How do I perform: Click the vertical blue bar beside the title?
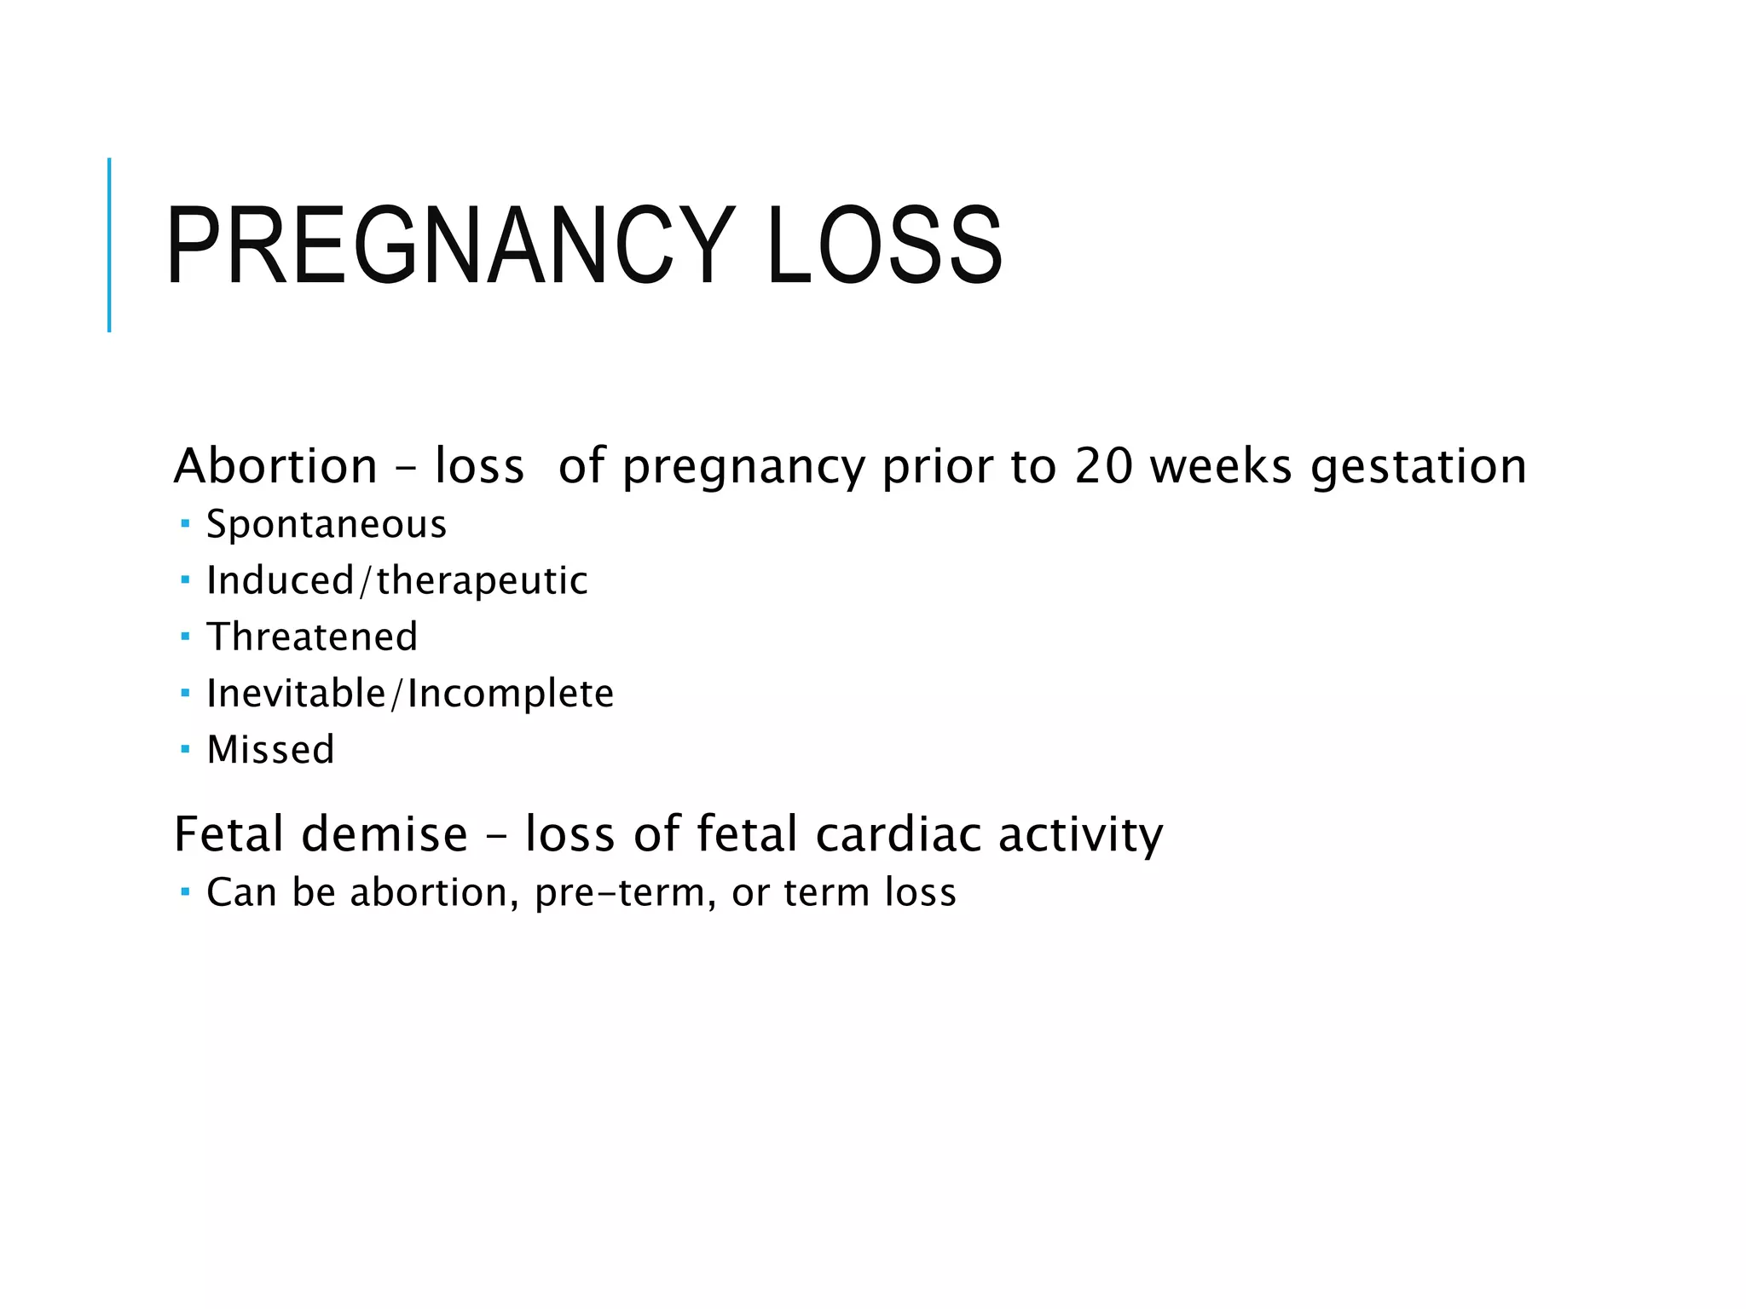pos(109,245)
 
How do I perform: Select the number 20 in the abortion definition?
pos(1102,466)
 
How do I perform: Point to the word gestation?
pos(1418,468)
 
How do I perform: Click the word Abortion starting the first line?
pos(275,466)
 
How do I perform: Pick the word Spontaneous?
pos(327,524)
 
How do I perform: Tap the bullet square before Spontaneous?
pos(185,522)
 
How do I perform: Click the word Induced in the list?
pos(280,580)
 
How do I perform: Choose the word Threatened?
pos(312,637)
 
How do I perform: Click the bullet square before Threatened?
pos(185,636)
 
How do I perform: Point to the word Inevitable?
pos(296,693)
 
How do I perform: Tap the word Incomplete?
pos(511,694)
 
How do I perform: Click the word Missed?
pos(270,750)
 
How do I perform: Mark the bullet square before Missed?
pos(185,749)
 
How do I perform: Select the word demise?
pos(384,833)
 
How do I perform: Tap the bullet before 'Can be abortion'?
pos(185,891)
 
